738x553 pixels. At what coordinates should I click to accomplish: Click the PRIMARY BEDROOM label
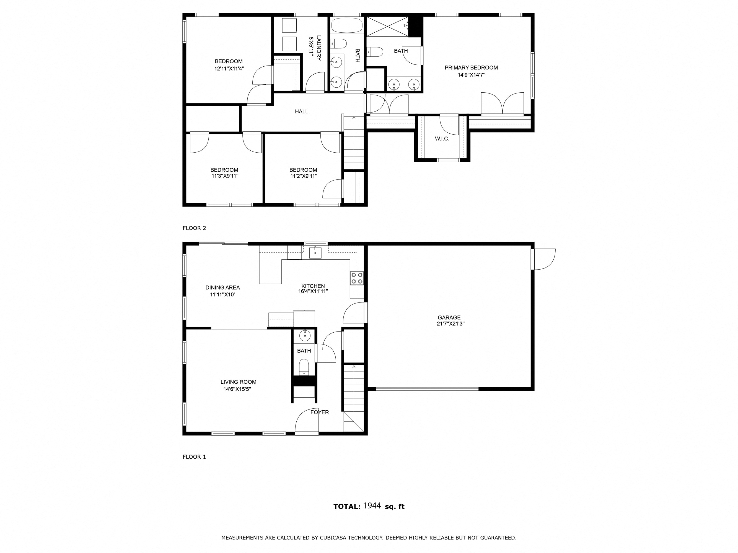(471, 68)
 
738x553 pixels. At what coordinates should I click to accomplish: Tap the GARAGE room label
(449, 318)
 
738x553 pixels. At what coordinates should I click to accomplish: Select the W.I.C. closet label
(442, 139)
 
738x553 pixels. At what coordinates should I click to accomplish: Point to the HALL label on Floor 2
(301, 112)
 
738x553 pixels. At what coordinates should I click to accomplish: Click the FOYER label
(320, 412)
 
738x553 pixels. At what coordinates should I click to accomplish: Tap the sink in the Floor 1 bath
(305, 335)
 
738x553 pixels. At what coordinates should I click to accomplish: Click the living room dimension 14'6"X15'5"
(237, 389)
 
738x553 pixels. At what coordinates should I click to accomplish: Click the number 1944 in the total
(372, 506)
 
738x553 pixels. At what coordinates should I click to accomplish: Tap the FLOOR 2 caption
(194, 228)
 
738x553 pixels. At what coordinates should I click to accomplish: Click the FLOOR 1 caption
(194, 457)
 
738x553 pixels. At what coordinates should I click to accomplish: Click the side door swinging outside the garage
(544, 259)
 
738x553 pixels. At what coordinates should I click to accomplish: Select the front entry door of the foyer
(307, 421)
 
